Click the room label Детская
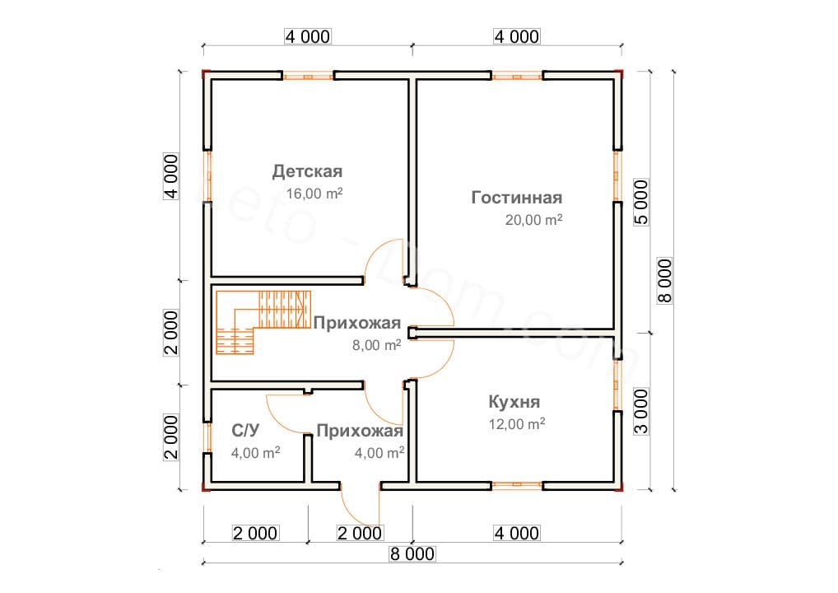(307, 171)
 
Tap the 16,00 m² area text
(314, 193)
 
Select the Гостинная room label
(517, 198)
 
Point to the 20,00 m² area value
(533, 219)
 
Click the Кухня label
(514, 402)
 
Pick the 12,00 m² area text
(517, 423)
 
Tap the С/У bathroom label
(245, 430)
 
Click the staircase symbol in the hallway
(263, 322)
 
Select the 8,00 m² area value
(376, 345)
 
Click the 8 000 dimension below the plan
(412, 554)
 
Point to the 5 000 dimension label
(641, 202)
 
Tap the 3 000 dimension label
(641, 411)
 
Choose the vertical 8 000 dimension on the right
(665, 281)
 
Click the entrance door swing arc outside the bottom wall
(352, 515)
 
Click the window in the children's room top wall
(308, 77)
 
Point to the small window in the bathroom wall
(208, 437)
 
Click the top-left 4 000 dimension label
(308, 36)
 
